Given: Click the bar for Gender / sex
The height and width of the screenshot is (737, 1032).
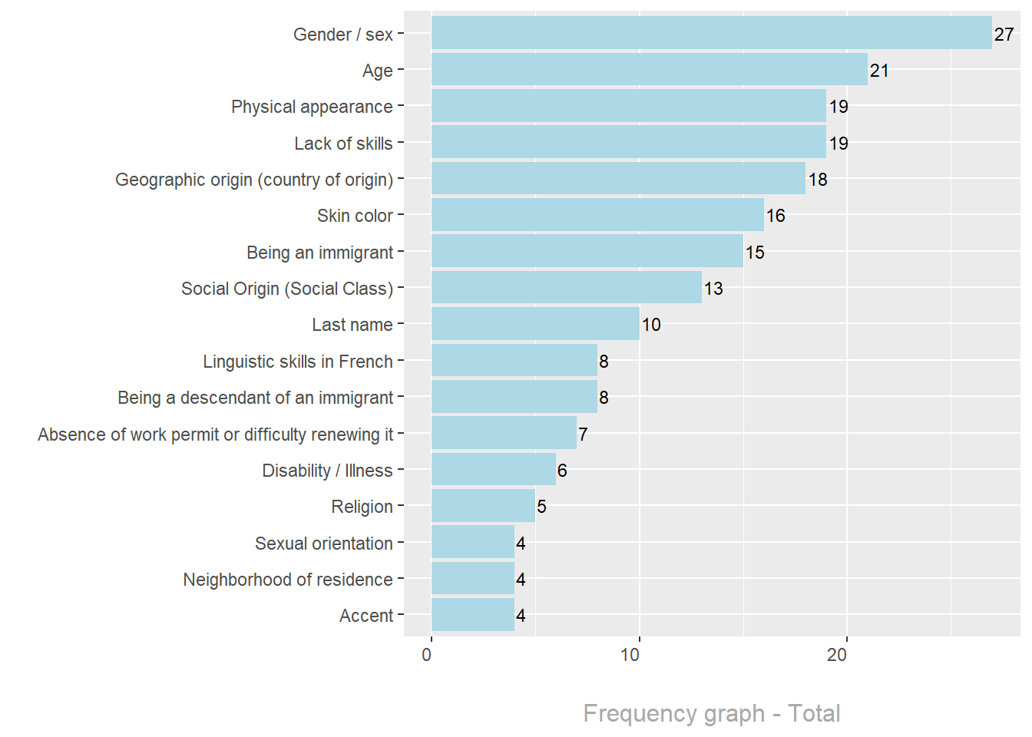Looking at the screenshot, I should (711, 33).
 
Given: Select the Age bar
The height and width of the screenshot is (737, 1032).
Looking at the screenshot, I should (649, 69).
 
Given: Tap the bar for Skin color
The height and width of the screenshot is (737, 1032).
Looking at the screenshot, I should (597, 215).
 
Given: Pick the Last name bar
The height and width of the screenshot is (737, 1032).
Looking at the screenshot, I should (535, 324).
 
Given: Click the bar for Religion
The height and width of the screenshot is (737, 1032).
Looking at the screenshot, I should (483, 506).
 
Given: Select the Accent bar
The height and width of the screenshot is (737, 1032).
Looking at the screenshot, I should (473, 615).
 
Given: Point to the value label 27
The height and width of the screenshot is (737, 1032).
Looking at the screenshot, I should (1004, 35).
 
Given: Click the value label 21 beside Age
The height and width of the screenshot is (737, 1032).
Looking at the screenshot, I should (879, 71).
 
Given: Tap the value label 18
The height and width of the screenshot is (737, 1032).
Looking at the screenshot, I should (818, 180).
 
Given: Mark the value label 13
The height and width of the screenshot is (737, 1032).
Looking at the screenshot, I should (713, 289).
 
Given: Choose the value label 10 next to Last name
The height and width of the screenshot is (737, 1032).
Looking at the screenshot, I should (651, 325).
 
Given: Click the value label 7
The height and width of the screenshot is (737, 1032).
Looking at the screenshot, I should (583, 435).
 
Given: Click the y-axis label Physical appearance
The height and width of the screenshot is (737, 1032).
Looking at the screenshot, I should (312, 107).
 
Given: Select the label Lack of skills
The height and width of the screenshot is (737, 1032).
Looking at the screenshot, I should (343, 144).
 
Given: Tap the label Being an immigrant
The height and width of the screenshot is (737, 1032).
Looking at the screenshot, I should (319, 253).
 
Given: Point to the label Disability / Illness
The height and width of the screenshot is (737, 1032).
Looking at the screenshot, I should (327, 471).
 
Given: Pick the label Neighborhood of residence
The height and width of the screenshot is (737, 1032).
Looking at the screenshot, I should (287, 580).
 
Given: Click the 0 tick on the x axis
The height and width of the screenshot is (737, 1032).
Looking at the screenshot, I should (427, 655).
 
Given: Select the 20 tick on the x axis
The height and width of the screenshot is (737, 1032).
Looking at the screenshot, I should (837, 655).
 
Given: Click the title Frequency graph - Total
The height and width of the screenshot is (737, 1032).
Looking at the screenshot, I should (711, 713).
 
